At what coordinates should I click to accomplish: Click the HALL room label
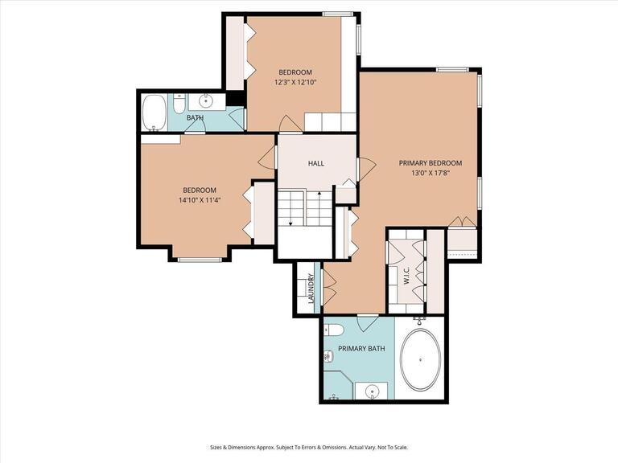point(316,164)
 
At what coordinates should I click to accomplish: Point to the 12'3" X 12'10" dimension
point(295,83)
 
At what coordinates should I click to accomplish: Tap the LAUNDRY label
point(311,289)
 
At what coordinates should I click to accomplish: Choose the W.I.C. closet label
point(406,275)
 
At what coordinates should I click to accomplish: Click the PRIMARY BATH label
point(361,349)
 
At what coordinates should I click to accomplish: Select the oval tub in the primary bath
point(420,359)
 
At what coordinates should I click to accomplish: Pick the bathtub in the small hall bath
point(154,112)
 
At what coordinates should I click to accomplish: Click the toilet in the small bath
point(179,103)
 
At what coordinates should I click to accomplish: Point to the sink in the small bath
point(206,100)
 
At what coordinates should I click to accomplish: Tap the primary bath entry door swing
point(367,323)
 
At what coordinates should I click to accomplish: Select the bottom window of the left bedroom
point(200,259)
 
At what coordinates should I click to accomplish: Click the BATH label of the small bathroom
point(195,118)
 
